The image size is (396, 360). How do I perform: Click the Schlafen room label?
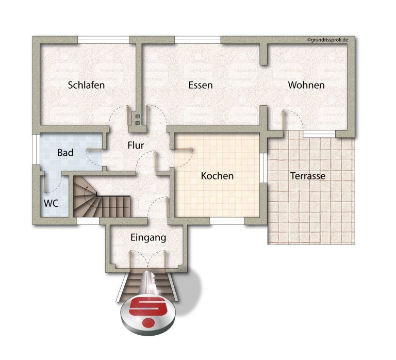pyautogui.click(x=87, y=85)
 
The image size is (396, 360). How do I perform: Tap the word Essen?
pyautogui.click(x=201, y=85)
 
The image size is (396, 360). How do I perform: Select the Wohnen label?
pyautogui.click(x=306, y=85)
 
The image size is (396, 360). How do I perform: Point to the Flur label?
pyautogui.click(x=136, y=145)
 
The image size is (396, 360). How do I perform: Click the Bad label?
pyautogui.click(x=65, y=153)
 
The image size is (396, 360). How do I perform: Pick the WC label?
pyautogui.click(x=51, y=203)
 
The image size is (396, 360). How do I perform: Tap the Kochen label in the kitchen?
pyautogui.click(x=217, y=176)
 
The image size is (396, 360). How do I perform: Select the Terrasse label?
pyautogui.click(x=308, y=176)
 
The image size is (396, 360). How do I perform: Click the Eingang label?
pyautogui.click(x=148, y=238)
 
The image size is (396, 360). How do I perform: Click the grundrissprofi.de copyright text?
pyautogui.click(x=327, y=40)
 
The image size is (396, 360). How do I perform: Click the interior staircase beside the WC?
pyautogui.click(x=102, y=197)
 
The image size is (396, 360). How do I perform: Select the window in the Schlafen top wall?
pyautogui.click(x=103, y=40)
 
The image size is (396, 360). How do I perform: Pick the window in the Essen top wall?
pyautogui.click(x=197, y=40)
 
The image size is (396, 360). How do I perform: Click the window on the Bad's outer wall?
pyautogui.click(x=36, y=149)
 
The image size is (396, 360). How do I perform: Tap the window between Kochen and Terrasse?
pyautogui.click(x=263, y=168)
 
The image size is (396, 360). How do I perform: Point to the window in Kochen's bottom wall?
pyautogui.click(x=227, y=221)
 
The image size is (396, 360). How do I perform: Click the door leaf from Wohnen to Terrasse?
pyautogui.click(x=284, y=120)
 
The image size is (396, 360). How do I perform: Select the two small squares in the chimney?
pyautogui.click(x=137, y=120)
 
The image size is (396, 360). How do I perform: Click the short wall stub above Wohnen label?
pyautogui.click(x=263, y=54)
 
